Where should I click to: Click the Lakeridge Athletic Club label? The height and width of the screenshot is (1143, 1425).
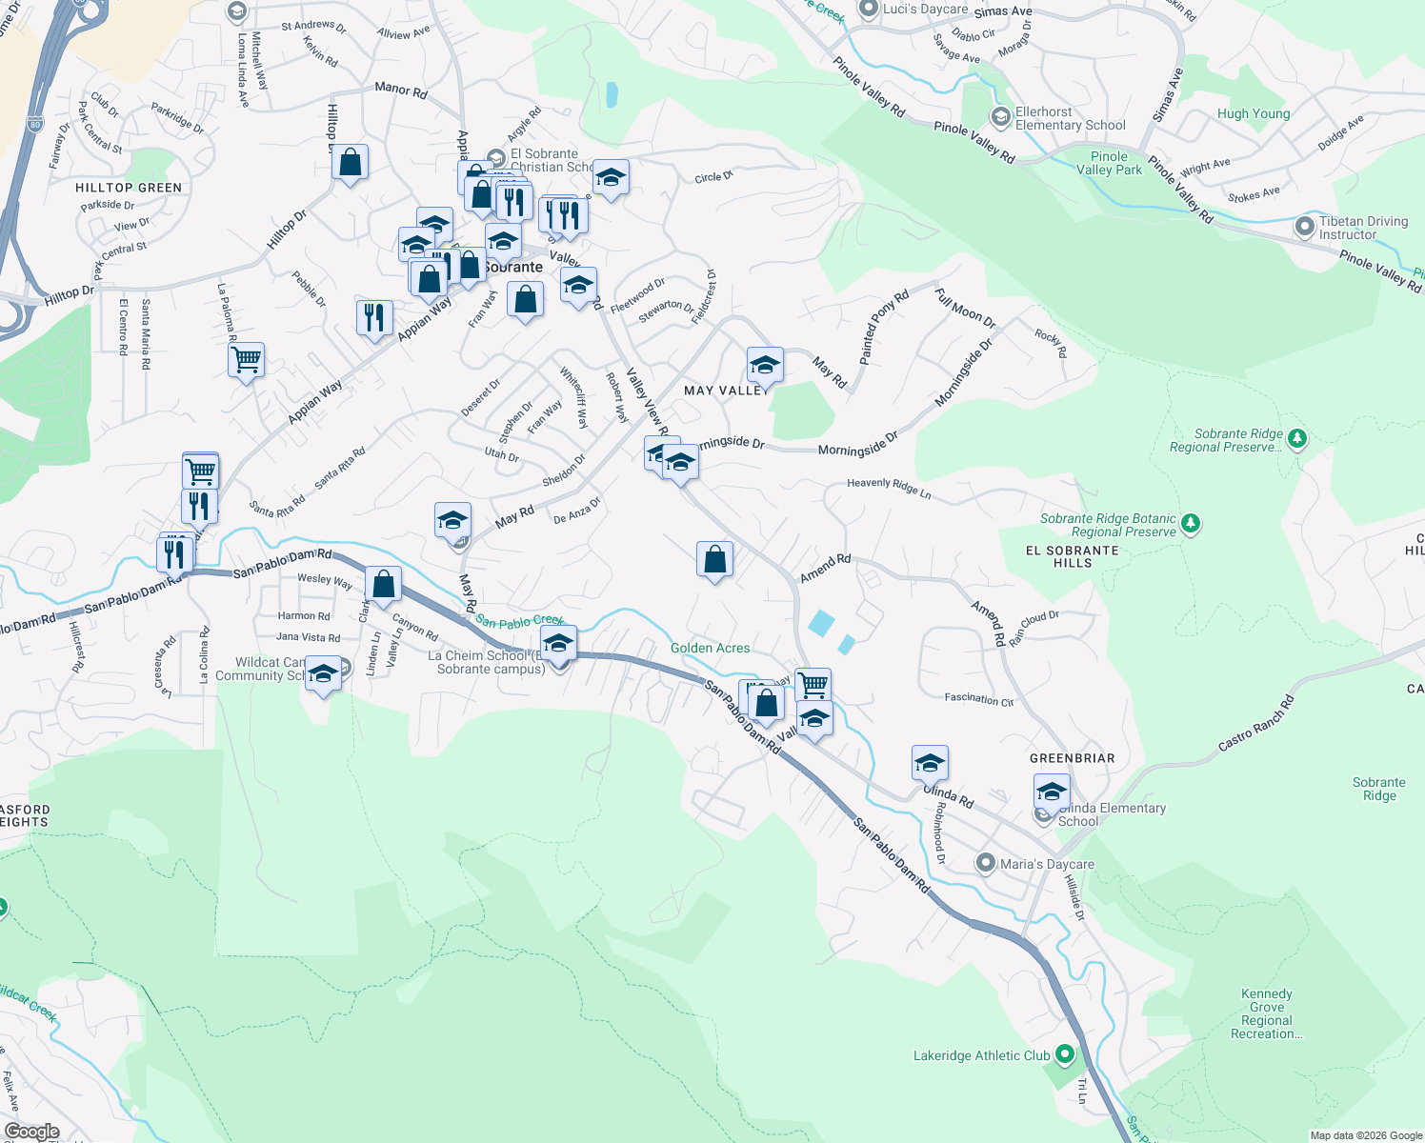[981, 1055]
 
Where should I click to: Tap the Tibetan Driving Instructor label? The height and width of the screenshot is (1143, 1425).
[1362, 228]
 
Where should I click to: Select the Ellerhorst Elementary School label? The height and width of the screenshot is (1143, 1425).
[1070, 119]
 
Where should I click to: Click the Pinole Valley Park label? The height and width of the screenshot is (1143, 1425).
[1109, 163]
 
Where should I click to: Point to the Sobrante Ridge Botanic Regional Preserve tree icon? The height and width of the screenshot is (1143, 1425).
[1190, 524]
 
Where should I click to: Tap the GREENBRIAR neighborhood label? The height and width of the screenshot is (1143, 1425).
[1072, 758]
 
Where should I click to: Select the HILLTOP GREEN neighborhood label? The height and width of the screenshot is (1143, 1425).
[129, 188]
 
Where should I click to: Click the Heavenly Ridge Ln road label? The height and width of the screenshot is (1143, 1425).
[889, 488]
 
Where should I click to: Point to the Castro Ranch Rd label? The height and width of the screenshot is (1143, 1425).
[1256, 724]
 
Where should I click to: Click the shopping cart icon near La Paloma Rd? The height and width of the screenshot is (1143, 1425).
[246, 360]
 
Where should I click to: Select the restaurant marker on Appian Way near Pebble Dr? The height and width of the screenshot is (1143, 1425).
[374, 316]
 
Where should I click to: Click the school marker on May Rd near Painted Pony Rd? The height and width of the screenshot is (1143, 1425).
[765, 364]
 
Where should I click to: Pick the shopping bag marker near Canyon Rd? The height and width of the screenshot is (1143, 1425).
[383, 584]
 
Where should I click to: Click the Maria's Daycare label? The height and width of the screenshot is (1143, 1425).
[1046, 864]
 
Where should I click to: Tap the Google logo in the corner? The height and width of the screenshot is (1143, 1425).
[31, 1132]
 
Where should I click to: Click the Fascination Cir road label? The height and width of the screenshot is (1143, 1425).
[978, 699]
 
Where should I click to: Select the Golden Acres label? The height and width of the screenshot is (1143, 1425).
[710, 648]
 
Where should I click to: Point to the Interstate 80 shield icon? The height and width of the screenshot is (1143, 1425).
[35, 124]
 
